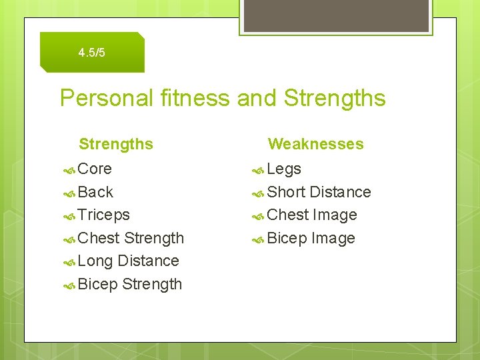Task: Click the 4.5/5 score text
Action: (x=91, y=53)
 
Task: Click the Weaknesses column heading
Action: (x=315, y=144)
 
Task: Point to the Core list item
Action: (x=95, y=169)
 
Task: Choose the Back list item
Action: (x=95, y=192)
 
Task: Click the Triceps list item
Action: (x=103, y=215)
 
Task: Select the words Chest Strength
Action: (x=131, y=238)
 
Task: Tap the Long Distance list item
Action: (x=128, y=261)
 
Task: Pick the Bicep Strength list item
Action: (x=129, y=284)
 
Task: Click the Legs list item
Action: (x=284, y=169)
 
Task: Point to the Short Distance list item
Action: (x=319, y=192)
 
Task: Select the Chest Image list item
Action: (x=312, y=215)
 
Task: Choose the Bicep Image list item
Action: (x=311, y=238)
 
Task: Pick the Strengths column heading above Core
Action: (x=116, y=144)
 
